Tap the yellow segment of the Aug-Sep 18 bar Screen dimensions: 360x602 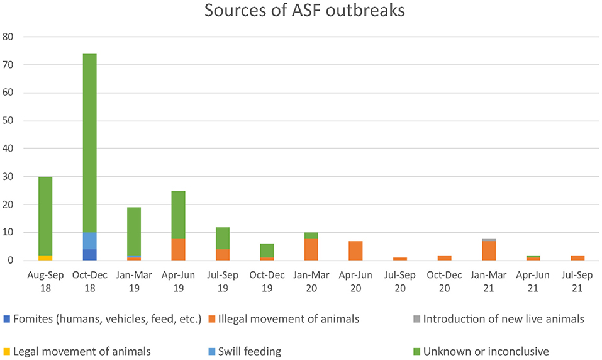click(x=45, y=257)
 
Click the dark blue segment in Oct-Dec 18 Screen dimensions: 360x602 click(x=89, y=255)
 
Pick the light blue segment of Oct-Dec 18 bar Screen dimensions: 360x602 click(x=89, y=241)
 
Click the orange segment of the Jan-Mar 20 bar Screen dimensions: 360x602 click(x=311, y=249)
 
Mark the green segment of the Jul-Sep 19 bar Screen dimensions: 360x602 click(x=222, y=239)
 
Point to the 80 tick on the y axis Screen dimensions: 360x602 click(x=9, y=37)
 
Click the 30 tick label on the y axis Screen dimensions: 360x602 click(x=9, y=177)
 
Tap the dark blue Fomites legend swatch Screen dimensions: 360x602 click(x=6, y=320)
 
